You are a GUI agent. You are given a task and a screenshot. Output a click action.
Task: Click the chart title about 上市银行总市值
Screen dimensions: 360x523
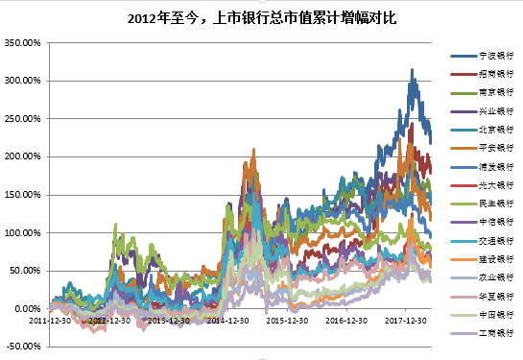261,17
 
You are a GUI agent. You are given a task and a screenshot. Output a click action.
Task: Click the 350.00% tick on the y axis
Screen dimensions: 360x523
22,43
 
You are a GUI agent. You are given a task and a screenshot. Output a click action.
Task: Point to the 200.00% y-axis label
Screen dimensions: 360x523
22,156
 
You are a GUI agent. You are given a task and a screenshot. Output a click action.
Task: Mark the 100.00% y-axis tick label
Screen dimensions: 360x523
22,232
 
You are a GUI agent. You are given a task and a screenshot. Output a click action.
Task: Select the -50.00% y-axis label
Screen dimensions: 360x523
22,346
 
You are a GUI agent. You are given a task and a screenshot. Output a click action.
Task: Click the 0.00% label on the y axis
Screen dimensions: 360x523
26,308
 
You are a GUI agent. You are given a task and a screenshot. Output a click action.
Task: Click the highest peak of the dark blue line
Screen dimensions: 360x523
412,70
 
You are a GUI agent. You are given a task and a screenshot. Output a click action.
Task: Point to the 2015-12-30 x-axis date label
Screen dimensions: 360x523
288,320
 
